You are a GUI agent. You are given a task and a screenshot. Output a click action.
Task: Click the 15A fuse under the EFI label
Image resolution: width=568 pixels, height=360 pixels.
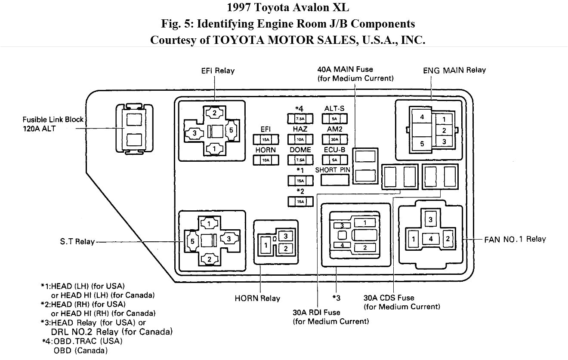click(x=265, y=139)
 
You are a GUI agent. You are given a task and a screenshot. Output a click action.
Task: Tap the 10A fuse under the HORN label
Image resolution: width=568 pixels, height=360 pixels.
click(x=265, y=160)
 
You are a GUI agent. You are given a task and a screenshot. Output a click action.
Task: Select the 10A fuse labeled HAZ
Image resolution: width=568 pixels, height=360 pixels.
click(x=299, y=139)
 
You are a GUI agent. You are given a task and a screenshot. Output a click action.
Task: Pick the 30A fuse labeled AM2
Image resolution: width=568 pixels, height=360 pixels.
click(x=334, y=139)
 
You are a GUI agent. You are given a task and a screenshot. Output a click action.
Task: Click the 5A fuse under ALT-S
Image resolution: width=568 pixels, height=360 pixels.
click(x=334, y=119)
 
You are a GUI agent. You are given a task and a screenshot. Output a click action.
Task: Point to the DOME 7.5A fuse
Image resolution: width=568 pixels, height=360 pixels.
click(x=299, y=160)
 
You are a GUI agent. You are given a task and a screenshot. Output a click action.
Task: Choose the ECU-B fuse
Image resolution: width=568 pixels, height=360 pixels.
click(x=334, y=160)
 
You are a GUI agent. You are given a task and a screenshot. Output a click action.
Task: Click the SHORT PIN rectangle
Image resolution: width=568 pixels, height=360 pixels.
click(x=333, y=180)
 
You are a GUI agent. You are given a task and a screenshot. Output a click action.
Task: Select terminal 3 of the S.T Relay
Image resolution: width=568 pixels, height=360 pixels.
click(x=229, y=239)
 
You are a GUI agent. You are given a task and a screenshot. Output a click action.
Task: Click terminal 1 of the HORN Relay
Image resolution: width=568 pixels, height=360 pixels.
click(x=267, y=245)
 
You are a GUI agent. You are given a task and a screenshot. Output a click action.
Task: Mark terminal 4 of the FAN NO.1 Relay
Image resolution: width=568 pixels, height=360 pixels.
click(x=430, y=239)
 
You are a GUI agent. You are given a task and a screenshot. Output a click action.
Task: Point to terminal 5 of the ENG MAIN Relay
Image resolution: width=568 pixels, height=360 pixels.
click(x=422, y=144)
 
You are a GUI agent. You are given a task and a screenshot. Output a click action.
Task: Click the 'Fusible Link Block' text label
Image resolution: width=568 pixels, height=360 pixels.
click(x=53, y=120)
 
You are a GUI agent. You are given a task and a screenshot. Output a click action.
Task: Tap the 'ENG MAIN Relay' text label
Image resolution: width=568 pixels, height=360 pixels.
click(x=454, y=70)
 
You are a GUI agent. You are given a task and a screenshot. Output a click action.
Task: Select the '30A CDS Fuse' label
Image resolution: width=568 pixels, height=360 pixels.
click(x=389, y=298)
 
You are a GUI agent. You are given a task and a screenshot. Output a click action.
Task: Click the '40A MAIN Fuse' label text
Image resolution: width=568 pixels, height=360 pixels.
click(x=345, y=69)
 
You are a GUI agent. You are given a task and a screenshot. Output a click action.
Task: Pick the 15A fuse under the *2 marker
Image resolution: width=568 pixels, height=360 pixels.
click(x=299, y=201)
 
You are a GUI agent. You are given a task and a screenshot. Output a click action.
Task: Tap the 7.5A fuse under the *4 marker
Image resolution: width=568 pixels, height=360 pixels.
click(x=299, y=119)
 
